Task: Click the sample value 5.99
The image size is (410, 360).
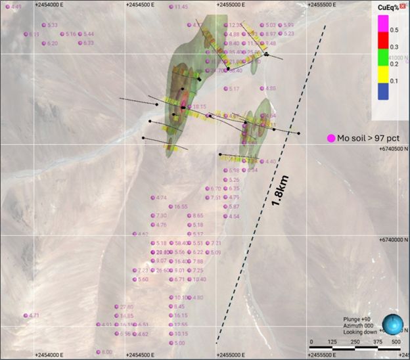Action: pos(288,25)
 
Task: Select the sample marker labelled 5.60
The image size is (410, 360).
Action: pos(143,279)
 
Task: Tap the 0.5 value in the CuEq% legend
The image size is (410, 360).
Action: pos(394,30)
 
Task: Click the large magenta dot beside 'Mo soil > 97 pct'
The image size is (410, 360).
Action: pos(330,138)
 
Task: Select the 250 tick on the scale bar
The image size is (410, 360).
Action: pos(355,342)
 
